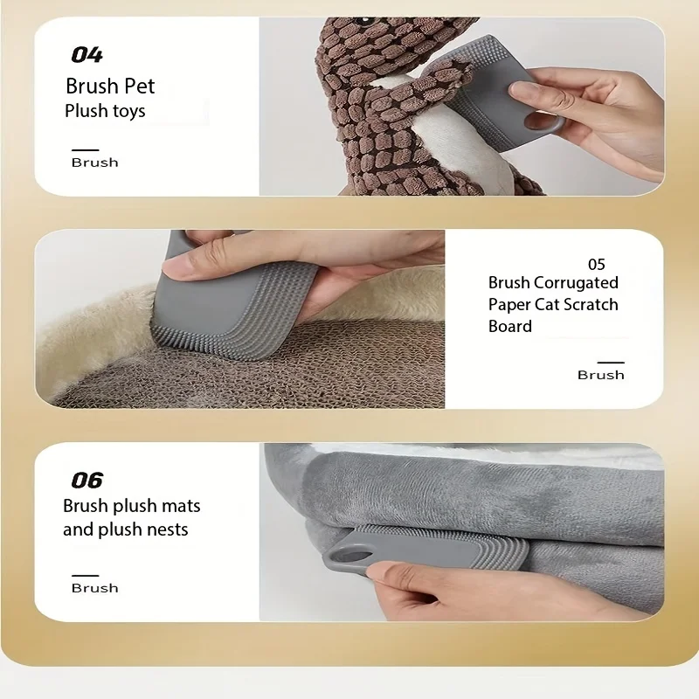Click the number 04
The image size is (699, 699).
click(87, 55)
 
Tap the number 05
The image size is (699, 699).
click(597, 265)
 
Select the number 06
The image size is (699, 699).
click(87, 480)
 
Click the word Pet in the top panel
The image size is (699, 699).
click(140, 86)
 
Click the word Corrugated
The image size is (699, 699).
click(576, 283)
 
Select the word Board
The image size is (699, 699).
click(510, 326)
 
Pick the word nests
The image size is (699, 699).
click(166, 529)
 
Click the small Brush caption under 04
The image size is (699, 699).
click(95, 163)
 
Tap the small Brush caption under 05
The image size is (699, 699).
click(601, 375)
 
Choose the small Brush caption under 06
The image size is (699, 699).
click(95, 588)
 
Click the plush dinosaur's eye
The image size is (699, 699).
click(363, 20)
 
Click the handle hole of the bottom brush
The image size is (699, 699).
click(351, 556)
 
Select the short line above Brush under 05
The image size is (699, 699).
click(611, 363)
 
